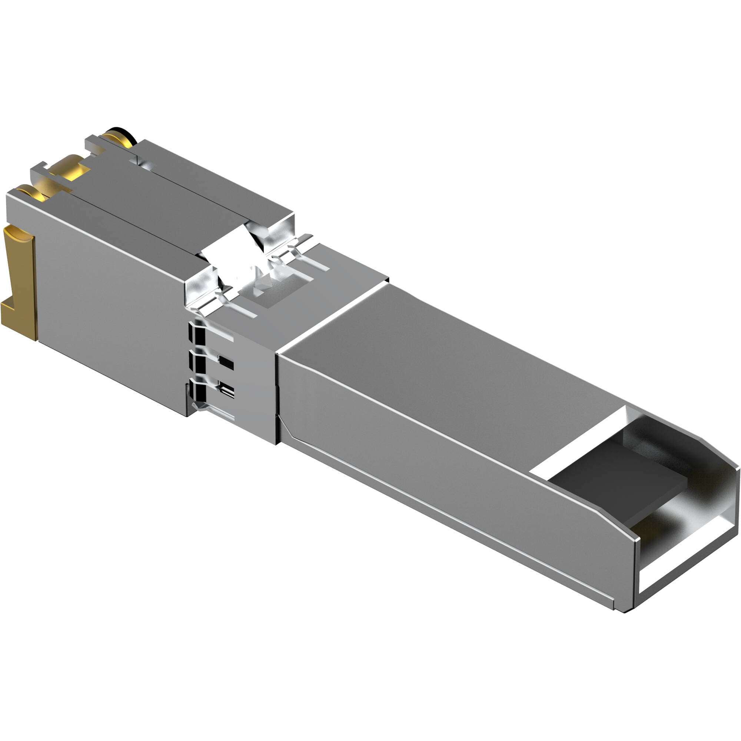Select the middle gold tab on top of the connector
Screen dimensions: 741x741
click(x=69, y=170)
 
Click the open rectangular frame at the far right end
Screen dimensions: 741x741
click(x=690, y=556)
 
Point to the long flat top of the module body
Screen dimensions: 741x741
click(x=460, y=368)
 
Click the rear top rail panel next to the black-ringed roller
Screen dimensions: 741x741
click(x=215, y=184)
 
